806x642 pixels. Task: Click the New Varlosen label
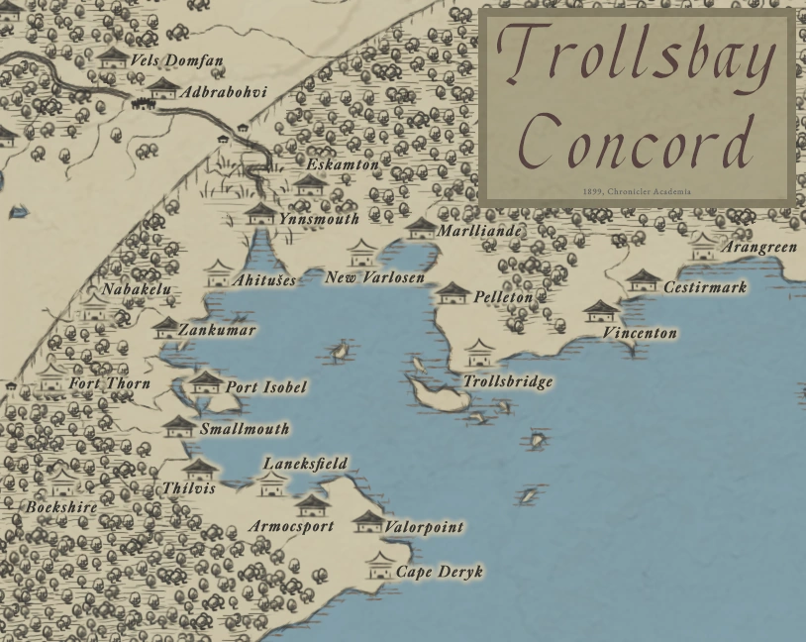click(374, 277)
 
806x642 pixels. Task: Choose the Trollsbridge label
click(508, 381)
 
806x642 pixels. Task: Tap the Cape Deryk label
click(440, 573)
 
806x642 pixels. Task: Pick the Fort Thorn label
click(109, 383)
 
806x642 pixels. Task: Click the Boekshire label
click(61, 507)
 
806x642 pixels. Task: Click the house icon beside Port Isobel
click(205, 381)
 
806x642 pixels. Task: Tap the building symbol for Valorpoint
click(367, 521)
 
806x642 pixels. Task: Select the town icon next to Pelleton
click(453, 292)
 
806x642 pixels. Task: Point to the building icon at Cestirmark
click(644, 280)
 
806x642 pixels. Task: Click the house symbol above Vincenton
click(601, 311)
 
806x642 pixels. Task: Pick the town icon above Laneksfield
click(271, 483)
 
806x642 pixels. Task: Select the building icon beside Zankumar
click(165, 328)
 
